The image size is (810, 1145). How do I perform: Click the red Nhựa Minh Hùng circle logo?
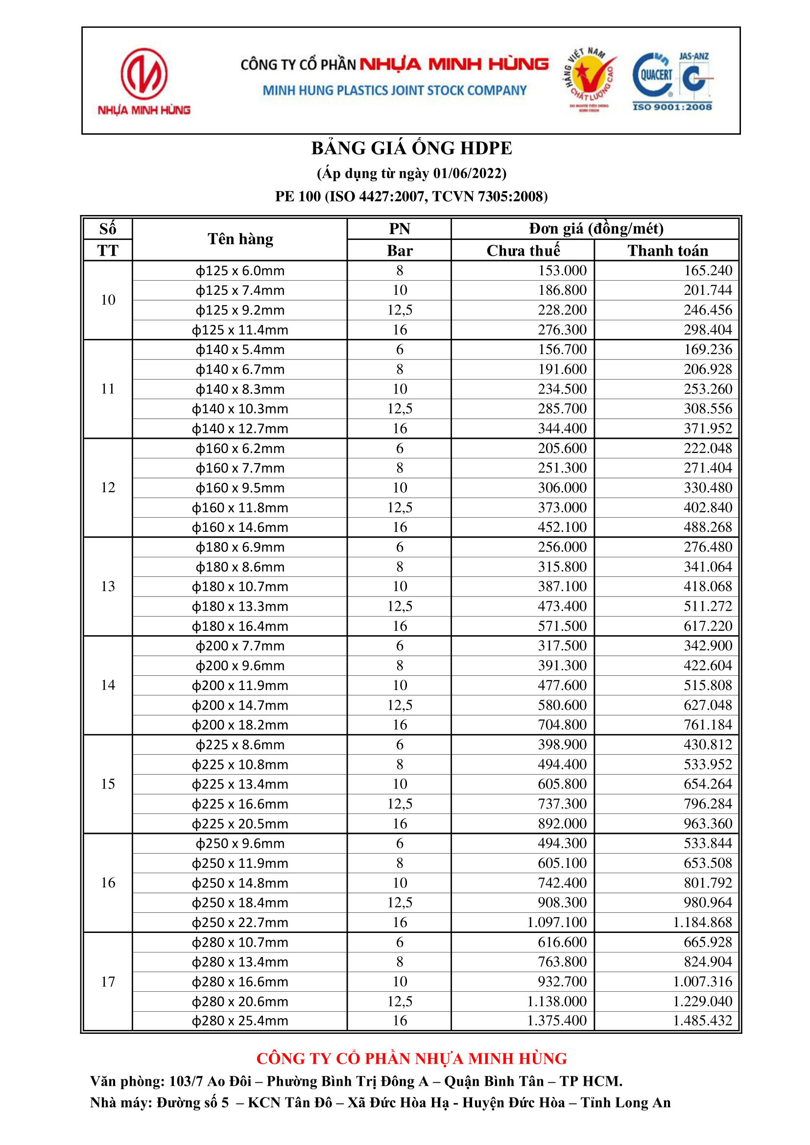coord(143,74)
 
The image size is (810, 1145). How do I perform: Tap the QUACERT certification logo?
coord(653,76)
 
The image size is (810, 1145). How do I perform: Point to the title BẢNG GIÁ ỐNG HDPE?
coord(411,148)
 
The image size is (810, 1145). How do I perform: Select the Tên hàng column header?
coord(240,239)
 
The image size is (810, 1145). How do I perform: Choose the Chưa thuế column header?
coord(523,250)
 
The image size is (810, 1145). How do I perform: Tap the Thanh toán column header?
coord(667,250)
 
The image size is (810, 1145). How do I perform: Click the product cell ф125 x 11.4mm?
coord(240,330)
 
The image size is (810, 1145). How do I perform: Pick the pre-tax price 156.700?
coord(562,349)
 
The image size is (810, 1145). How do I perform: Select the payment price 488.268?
coord(707,527)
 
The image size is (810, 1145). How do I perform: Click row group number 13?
coord(108,587)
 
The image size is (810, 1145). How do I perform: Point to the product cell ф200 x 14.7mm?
coord(240,705)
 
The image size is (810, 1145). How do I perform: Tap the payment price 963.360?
coord(707,823)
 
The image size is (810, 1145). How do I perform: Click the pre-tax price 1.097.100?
coord(557,922)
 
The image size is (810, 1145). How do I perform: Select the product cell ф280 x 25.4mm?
coord(240,1021)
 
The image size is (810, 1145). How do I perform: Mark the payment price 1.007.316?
coord(702,981)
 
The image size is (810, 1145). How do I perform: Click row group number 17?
coord(108,981)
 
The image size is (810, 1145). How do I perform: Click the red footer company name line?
coord(411,1058)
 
